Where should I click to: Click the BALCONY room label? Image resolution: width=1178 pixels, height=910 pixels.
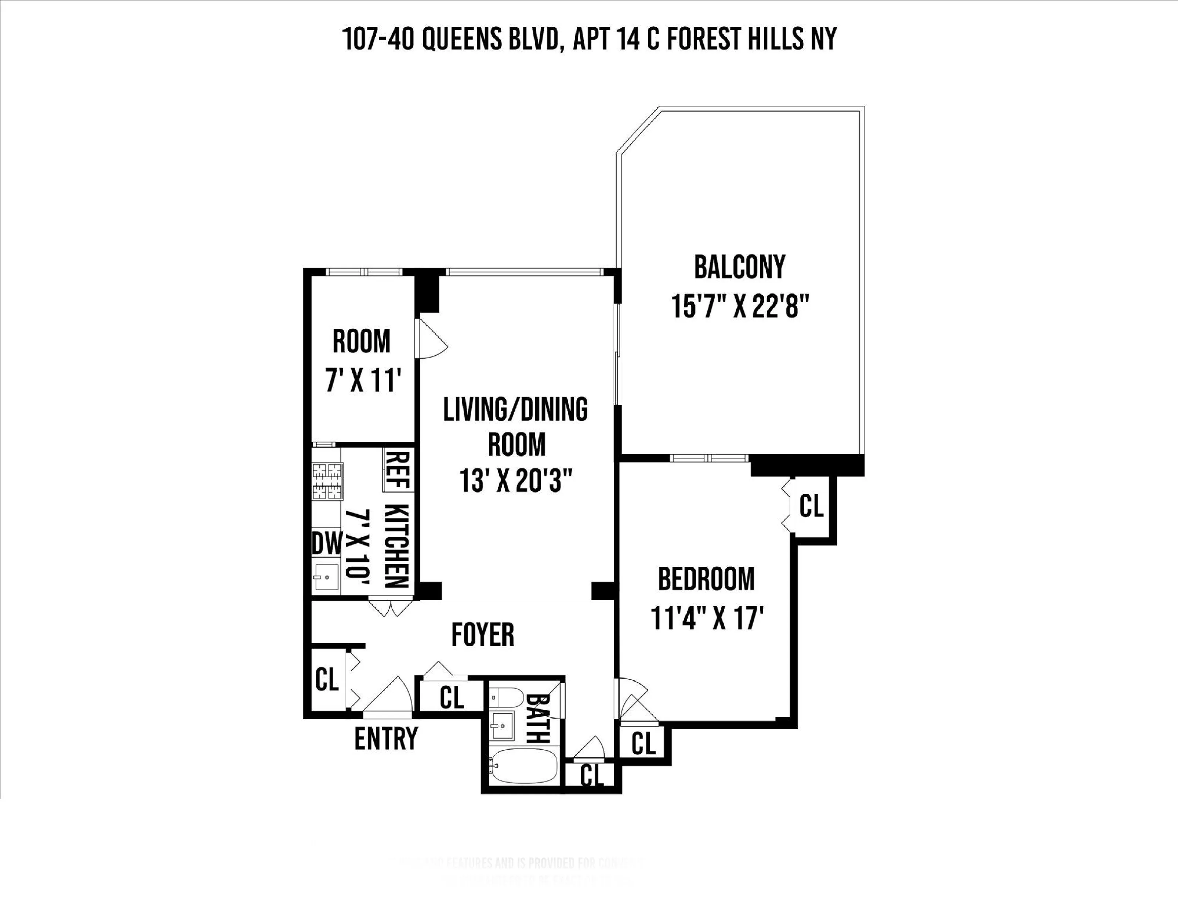click(739, 268)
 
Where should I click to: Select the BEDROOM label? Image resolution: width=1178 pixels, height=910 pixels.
click(706, 579)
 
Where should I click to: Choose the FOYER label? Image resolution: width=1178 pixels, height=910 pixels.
click(483, 635)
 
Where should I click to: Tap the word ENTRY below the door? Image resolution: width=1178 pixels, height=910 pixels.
click(386, 739)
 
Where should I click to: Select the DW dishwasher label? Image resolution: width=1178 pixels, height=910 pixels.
click(327, 544)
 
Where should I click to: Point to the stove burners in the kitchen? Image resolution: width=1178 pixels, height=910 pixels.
click(327, 480)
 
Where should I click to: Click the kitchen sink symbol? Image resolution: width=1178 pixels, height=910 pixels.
click(326, 577)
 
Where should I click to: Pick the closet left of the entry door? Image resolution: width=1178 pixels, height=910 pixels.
click(327, 680)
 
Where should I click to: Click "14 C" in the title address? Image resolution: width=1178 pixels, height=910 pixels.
click(632, 39)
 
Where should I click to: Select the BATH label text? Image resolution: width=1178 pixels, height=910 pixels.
click(538, 718)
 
